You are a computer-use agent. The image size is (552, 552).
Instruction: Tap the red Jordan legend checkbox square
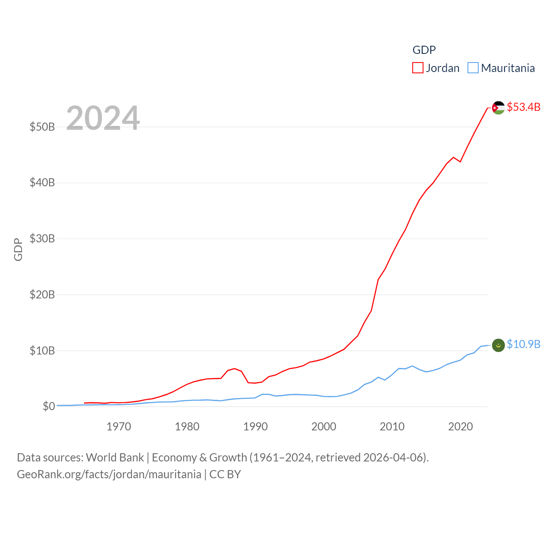click(x=417, y=68)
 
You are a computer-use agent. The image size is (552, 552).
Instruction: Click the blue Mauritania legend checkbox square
click(x=473, y=68)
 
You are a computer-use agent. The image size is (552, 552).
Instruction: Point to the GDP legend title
click(x=424, y=50)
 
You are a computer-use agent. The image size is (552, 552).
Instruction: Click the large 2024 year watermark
click(x=103, y=118)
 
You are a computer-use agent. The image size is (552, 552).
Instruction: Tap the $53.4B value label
click(x=524, y=107)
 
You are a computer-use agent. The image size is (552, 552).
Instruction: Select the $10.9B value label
click(x=524, y=344)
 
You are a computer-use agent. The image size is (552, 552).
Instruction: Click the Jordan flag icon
click(x=499, y=108)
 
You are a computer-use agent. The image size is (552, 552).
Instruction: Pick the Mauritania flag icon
click(x=499, y=345)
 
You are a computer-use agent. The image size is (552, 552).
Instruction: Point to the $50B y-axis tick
click(x=42, y=127)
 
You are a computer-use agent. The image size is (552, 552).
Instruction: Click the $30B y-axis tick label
click(x=42, y=238)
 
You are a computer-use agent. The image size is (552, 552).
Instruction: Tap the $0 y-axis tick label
click(x=49, y=406)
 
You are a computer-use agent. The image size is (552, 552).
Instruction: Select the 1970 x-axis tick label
click(x=119, y=427)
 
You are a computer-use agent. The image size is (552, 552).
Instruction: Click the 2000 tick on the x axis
click(x=324, y=427)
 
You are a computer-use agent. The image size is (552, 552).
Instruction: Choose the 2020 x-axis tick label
click(x=461, y=427)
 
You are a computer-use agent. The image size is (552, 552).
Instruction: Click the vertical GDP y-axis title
click(x=18, y=249)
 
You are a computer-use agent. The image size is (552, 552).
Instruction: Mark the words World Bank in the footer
click(x=115, y=457)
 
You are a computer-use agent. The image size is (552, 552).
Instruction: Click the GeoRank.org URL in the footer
click(x=109, y=474)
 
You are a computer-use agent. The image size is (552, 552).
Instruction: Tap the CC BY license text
click(x=225, y=474)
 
